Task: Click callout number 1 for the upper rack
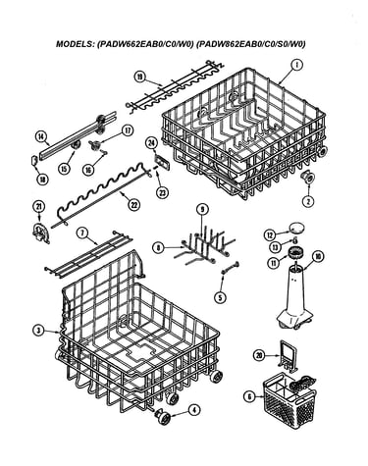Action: [296, 65]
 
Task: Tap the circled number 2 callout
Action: [307, 200]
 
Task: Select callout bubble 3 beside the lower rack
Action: [39, 331]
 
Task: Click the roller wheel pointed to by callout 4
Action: [164, 416]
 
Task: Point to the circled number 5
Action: [220, 297]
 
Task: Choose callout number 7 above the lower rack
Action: [82, 233]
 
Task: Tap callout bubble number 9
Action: [202, 209]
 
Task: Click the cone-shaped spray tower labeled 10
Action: [295, 297]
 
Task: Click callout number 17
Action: [128, 130]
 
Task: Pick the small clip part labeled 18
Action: [34, 161]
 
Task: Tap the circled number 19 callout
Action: [139, 77]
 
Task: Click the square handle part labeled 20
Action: [288, 355]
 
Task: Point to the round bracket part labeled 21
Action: [41, 233]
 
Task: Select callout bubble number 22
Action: [133, 205]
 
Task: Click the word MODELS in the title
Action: [75, 44]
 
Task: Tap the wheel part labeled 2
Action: [307, 178]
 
